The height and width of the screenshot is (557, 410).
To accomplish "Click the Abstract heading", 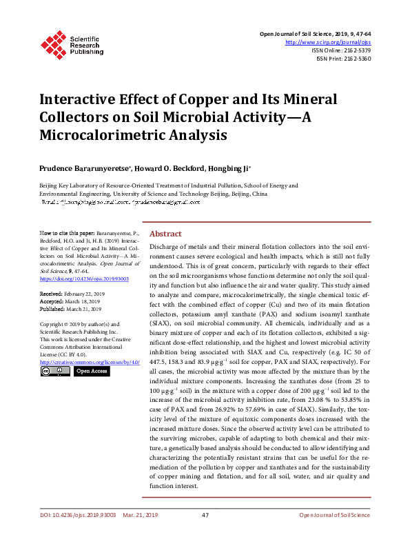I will click(165, 234).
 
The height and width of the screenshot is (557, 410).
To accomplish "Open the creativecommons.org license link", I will click(90, 361).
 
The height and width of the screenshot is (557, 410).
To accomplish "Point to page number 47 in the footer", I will click(205, 534).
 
